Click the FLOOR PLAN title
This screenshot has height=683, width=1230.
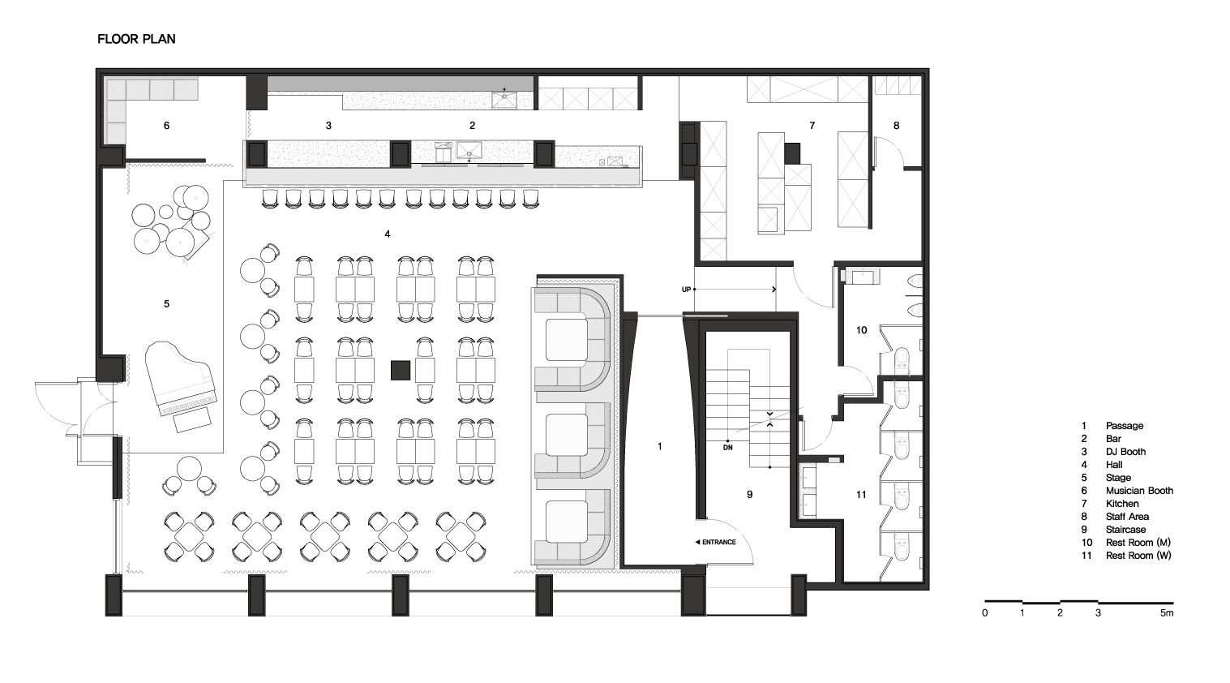[x=136, y=39]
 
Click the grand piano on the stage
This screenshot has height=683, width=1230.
[x=181, y=379]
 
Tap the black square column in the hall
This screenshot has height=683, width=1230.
[x=401, y=370]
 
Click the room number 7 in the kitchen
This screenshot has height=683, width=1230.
[x=812, y=126]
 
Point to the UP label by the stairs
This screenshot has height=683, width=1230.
[x=686, y=290]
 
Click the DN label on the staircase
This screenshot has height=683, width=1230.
[x=727, y=447]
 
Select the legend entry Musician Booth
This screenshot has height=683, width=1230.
[x=1139, y=491]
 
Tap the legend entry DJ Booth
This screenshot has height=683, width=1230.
[x=1125, y=452]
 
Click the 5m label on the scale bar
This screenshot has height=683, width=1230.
[x=1167, y=612]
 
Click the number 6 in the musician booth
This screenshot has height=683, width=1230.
[x=166, y=126]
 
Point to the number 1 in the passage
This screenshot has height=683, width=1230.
[x=660, y=447]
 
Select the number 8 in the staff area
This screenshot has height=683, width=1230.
[x=896, y=126]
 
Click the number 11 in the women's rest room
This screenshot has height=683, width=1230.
[x=861, y=495]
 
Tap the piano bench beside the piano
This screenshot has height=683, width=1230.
[x=192, y=420]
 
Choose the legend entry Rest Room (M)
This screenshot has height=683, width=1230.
[x=1138, y=543]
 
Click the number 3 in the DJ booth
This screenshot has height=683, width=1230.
[x=328, y=126]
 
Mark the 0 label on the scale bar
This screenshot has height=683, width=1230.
[x=985, y=612]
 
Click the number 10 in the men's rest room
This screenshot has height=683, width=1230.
[x=862, y=330]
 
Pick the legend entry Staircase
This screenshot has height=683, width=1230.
[x=1125, y=530]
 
